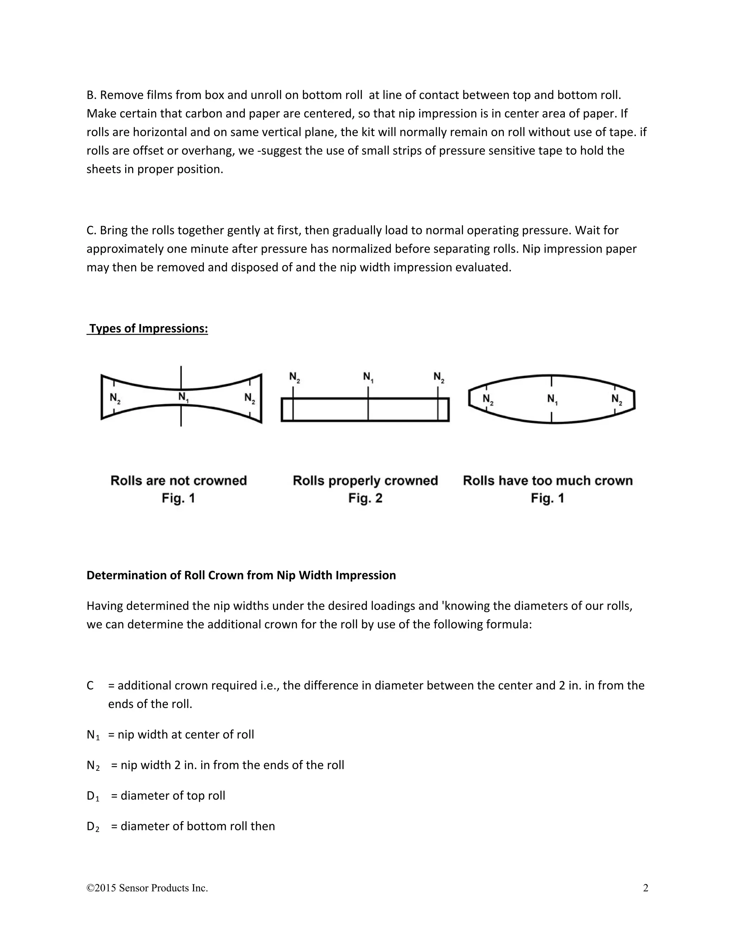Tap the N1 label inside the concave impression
(183, 397)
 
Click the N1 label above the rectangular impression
(368, 377)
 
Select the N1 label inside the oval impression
(552, 399)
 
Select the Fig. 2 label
(365, 498)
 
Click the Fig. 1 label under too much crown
(547, 498)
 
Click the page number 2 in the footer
(645, 888)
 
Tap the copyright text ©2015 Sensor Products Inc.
(147, 888)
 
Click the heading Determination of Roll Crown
(241, 575)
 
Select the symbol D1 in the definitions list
(93, 796)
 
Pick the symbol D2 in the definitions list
(93, 826)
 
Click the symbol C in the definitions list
(90, 685)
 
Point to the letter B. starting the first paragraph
(91, 95)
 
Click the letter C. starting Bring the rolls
(91, 230)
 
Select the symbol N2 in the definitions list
(93, 765)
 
